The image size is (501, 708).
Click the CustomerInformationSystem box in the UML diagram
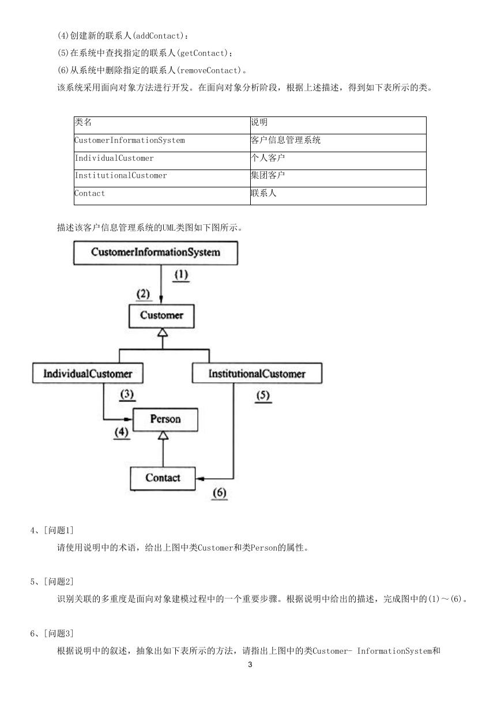click(x=156, y=253)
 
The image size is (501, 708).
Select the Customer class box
click(x=161, y=316)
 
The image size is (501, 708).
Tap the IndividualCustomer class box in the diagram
click(x=88, y=373)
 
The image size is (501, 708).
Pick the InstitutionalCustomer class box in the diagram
click(x=257, y=373)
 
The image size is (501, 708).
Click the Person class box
click(x=165, y=420)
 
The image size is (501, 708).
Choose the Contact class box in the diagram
click(x=163, y=479)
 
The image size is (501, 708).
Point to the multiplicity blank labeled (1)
click(x=182, y=275)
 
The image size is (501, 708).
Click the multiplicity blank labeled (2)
click(x=143, y=295)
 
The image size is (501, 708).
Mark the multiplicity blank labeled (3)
click(x=127, y=395)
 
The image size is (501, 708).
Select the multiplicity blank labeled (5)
click(x=263, y=396)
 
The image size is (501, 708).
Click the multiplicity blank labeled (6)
click(x=219, y=494)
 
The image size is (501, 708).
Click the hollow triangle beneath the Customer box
click(x=163, y=332)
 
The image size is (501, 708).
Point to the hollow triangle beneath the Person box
click(x=163, y=435)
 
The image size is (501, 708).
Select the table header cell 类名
click(x=162, y=126)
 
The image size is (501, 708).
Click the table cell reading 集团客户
click(x=338, y=178)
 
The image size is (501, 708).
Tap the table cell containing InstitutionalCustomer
click(x=162, y=178)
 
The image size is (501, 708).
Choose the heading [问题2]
click(x=58, y=581)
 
